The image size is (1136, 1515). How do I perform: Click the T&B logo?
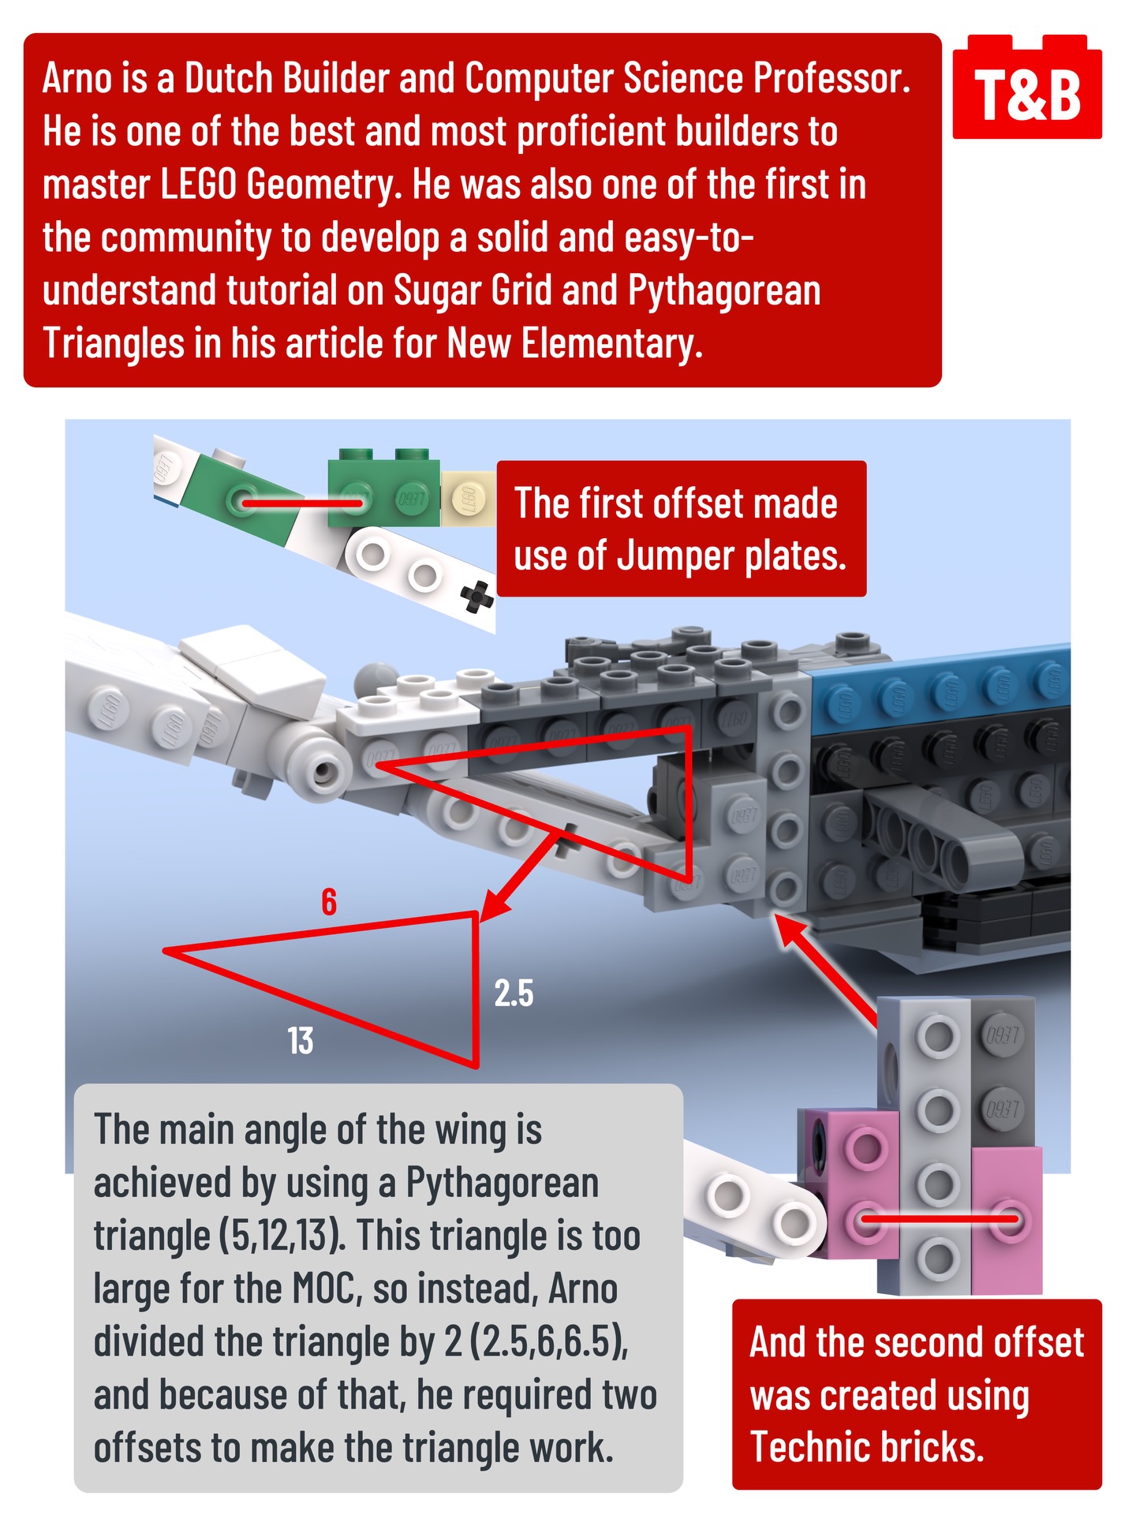pos(1027,88)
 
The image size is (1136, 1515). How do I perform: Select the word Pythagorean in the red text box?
pos(724,290)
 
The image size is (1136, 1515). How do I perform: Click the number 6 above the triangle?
pos(329,901)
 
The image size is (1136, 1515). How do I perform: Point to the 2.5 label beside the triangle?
pos(514,993)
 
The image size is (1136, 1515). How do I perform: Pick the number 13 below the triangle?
pos(301,1040)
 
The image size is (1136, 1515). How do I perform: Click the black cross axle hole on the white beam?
pos(476,597)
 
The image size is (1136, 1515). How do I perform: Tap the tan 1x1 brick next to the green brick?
pos(468,499)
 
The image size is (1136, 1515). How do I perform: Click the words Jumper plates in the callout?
pos(731,556)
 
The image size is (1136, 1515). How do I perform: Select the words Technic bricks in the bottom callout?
pos(867,1446)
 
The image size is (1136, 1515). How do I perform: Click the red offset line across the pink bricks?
pos(938,1220)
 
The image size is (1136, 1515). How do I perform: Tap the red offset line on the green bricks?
pos(301,502)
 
